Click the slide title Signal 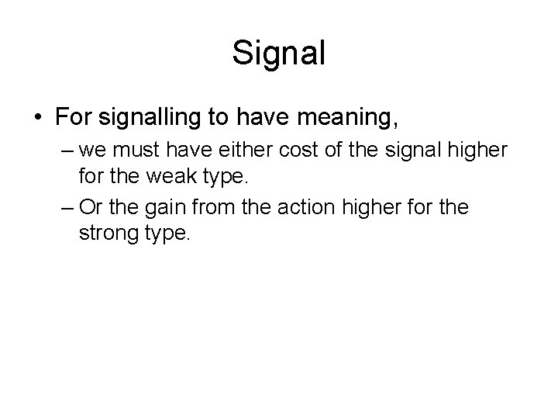tap(279, 54)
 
